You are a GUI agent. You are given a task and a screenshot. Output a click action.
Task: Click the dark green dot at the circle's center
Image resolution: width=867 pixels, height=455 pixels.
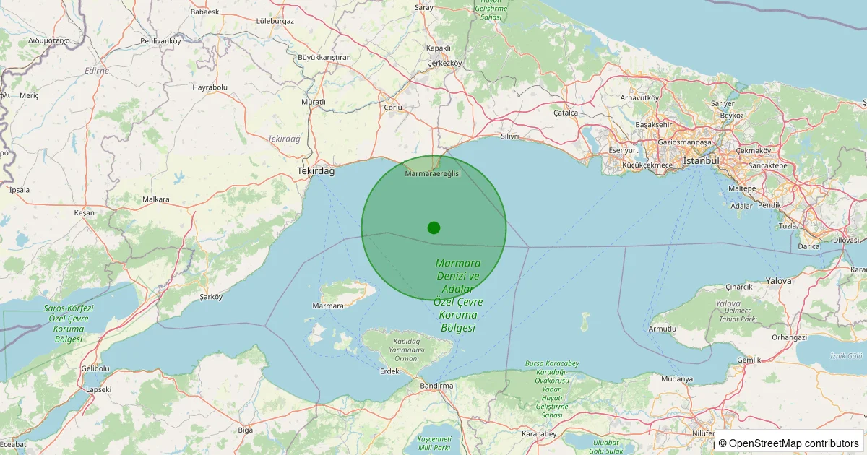click(x=433, y=227)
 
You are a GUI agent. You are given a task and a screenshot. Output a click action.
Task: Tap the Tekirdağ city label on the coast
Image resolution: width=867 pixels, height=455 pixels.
click(x=316, y=171)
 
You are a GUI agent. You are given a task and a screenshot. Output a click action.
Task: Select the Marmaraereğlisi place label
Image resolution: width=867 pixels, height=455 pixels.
click(x=433, y=174)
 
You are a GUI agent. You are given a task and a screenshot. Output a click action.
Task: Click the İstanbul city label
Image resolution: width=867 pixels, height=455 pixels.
click(x=702, y=160)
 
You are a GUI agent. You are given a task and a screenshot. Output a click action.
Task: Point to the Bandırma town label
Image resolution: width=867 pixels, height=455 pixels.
click(x=437, y=386)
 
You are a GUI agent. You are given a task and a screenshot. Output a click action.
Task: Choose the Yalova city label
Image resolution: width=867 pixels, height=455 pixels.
click(x=778, y=280)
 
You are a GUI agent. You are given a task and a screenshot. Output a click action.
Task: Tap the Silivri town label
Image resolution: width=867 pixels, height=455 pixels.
click(x=510, y=136)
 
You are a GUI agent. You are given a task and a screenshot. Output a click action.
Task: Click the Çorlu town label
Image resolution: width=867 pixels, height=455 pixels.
click(x=392, y=108)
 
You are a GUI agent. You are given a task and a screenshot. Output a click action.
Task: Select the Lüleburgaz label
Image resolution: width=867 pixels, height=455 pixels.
click(x=275, y=21)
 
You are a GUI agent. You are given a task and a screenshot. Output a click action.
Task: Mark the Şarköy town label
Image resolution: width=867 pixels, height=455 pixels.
click(x=210, y=296)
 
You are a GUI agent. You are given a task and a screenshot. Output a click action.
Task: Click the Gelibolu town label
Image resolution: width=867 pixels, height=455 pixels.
click(x=95, y=368)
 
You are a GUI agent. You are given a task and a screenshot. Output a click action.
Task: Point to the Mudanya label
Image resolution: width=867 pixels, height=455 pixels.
click(x=677, y=378)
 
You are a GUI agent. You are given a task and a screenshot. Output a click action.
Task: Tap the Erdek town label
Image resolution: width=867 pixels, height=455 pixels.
click(x=389, y=371)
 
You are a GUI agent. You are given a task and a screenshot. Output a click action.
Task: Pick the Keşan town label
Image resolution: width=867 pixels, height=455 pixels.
click(x=84, y=213)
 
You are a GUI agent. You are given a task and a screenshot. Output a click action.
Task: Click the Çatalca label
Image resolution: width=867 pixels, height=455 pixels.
click(x=566, y=113)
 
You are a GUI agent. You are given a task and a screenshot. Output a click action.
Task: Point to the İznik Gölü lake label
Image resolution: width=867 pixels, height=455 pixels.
click(x=847, y=355)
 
